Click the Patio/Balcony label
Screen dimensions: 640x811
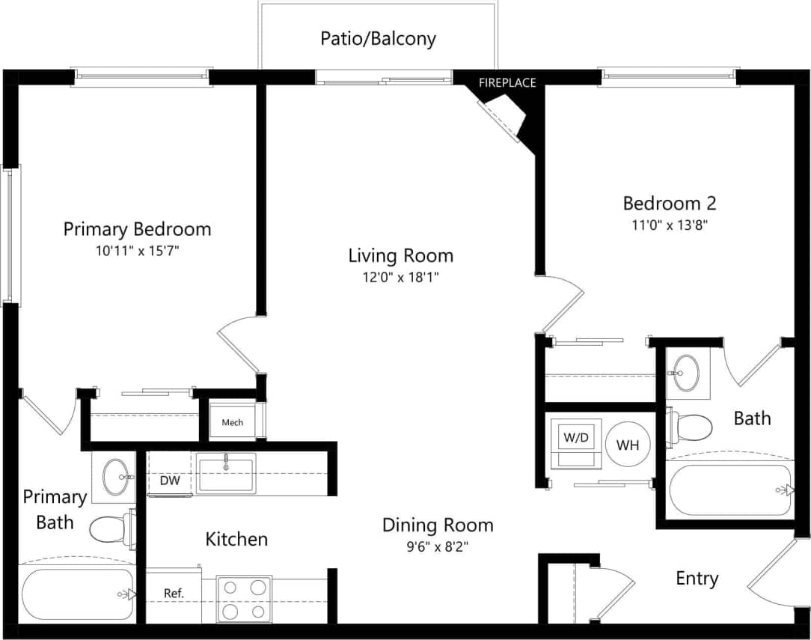point(378,38)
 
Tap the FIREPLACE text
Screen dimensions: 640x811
point(508,82)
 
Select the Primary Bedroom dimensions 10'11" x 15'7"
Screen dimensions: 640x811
point(137,251)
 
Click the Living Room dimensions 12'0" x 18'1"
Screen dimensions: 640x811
point(400,278)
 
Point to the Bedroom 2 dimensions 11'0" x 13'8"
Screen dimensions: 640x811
point(670,225)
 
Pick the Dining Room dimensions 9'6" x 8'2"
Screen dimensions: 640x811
point(438,546)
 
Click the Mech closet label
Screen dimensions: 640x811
point(232,423)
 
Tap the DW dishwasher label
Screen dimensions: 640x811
point(170,481)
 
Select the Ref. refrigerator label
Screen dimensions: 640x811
point(174,594)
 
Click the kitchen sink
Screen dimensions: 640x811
point(226,473)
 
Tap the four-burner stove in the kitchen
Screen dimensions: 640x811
point(244,599)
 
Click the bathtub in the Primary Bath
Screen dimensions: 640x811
point(78,594)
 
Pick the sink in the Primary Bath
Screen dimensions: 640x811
point(115,477)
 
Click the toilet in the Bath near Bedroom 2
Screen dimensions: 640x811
point(690,427)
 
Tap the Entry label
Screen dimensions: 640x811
point(697,578)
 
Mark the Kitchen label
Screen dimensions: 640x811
point(236,539)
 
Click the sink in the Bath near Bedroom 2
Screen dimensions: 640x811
point(687,371)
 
